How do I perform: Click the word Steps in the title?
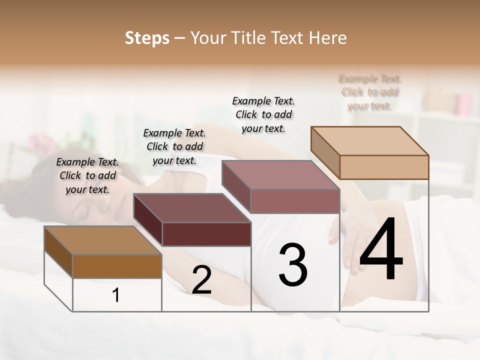point(147,38)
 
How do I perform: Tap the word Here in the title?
point(327,38)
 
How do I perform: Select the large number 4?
point(381,250)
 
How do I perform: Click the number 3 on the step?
point(293,265)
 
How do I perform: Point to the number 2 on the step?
point(202,280)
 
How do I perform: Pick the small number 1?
point(116,295)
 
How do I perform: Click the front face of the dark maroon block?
point(206,234)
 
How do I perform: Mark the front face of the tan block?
point(384,167)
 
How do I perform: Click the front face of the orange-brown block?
point(117,266)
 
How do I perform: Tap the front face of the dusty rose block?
point(295,201)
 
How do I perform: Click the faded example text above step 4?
point(370,92)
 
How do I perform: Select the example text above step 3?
point(263,114)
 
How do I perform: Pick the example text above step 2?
point(174,146)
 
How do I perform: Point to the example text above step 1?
point(87,175)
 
